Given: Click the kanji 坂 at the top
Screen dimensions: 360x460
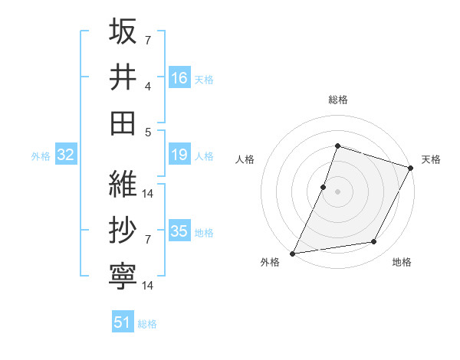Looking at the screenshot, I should tap(123, 32).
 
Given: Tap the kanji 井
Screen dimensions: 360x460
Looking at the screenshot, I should tap(123, 77).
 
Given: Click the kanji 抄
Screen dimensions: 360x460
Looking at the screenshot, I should tap(123, 231).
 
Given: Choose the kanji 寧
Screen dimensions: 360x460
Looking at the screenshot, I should tap(123, 275).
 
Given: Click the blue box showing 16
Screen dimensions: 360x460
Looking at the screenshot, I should tap(179, 77).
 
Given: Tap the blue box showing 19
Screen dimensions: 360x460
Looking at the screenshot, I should tap(179, 155).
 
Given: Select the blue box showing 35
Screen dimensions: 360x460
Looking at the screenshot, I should tap(179, 231).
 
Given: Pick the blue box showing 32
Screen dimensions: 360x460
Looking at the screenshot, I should tap(66, 155).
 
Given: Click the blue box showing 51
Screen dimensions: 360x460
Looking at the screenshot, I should tap(123, 322).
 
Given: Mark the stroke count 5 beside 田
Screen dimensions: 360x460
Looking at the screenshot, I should tap(148, 132).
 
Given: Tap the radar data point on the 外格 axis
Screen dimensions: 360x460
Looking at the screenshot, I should tap(293, 253).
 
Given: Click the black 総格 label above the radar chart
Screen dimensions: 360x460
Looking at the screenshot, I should tap(337, 100).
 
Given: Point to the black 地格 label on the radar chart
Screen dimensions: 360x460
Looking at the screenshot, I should tap(402, 263).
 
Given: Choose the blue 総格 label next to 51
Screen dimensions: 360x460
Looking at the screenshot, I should tap(147, 324).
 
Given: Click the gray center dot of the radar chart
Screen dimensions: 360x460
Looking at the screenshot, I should tap(337, 191).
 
